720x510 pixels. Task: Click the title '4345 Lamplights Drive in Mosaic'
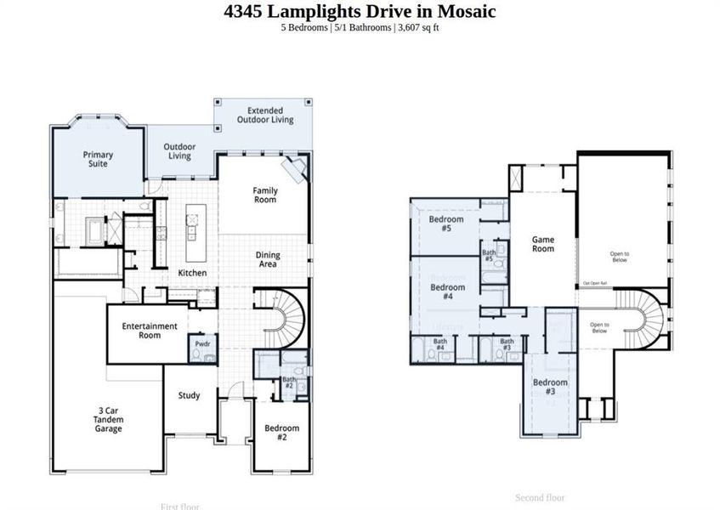click(x=360, y=11)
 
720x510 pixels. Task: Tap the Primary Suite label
click(x=98, y=159)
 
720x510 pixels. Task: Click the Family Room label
click(x=265, y=195)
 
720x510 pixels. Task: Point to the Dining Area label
click(x=268, y=260)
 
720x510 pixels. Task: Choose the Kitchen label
click(x=192, y=273)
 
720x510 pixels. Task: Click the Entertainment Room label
click(x=150, y=331)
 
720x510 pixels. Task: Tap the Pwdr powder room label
click(x=202, y=344)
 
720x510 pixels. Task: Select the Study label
click(x=189, y=395)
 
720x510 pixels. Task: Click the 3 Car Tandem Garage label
click(x=109, y=420)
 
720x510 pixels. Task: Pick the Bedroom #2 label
click(x=281, y=433)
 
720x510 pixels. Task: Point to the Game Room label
click(x=543, y=244)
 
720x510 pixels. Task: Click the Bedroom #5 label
click(x=446, y=224)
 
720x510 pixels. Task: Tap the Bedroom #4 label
click(x=447, y=292)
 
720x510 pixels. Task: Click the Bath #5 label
click(x=489, y=255)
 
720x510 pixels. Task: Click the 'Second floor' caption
click(x=540, y=497)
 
